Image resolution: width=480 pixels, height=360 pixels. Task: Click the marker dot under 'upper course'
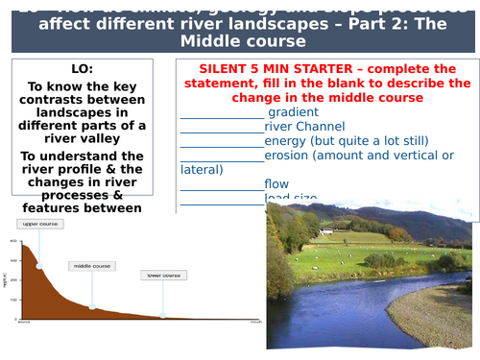pos(39,266)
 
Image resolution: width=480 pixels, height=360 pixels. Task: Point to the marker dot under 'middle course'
pos(92,307)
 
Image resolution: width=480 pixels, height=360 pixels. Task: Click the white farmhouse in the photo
pos(327,231)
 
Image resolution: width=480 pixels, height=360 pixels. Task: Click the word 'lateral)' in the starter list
pos(202,169)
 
